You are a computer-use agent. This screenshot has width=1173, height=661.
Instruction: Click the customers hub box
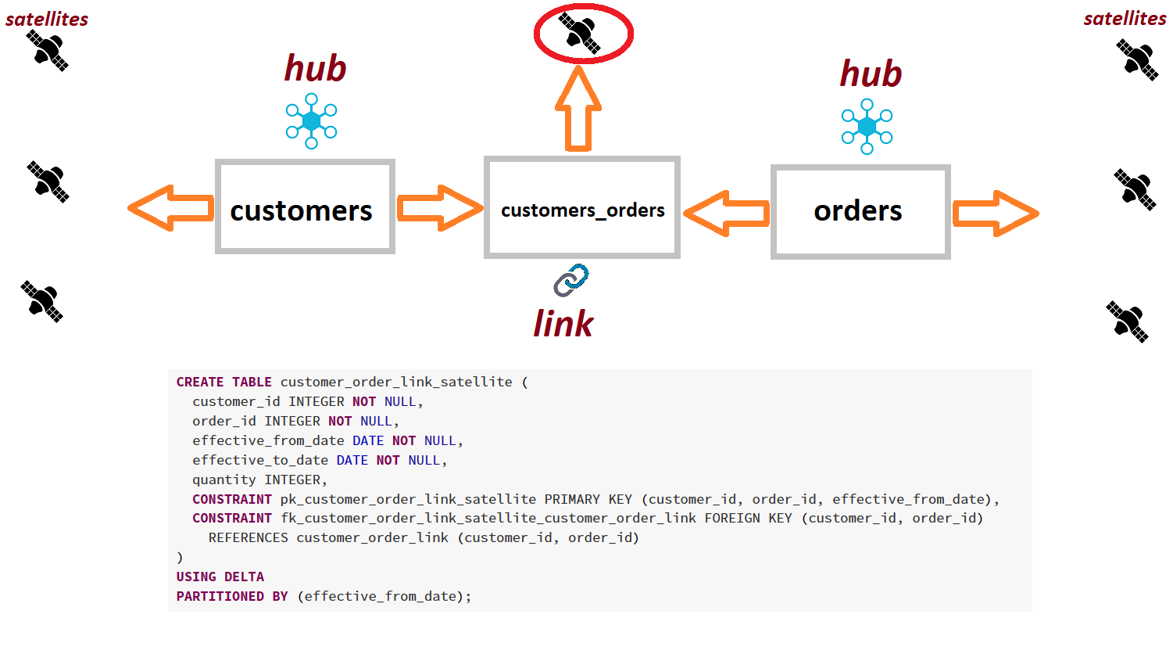coord(305,207)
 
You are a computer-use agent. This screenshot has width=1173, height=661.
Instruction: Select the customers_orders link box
coord(582,207)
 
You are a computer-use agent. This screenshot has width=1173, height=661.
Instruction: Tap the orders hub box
coord(860,211)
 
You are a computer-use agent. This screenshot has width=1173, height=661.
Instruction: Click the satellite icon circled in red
coord(581,33)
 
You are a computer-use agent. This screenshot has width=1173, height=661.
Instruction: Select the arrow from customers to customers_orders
coord(440,208)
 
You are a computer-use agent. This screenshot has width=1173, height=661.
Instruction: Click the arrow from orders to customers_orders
coord(726,213)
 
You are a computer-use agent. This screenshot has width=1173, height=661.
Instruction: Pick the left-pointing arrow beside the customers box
coord(171,208)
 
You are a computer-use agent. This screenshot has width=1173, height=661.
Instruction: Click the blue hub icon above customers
coord(311,121)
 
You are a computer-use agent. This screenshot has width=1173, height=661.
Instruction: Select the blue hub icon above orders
coord(867,126)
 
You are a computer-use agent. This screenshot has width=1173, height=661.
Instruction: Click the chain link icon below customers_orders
coord(571,280)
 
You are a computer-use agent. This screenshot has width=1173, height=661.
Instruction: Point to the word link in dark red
coord(563,324)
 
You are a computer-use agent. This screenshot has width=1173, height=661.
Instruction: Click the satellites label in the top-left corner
coord(47,20)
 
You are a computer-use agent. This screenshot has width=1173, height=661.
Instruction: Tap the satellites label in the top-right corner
coord(1125,19)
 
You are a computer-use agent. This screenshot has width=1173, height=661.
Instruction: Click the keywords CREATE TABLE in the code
coord(224,382)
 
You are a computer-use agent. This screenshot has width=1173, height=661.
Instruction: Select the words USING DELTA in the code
coord(220,577)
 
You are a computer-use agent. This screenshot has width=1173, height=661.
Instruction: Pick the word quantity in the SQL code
coord(224,480)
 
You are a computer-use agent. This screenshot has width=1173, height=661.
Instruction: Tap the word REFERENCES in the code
coord(248,537)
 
